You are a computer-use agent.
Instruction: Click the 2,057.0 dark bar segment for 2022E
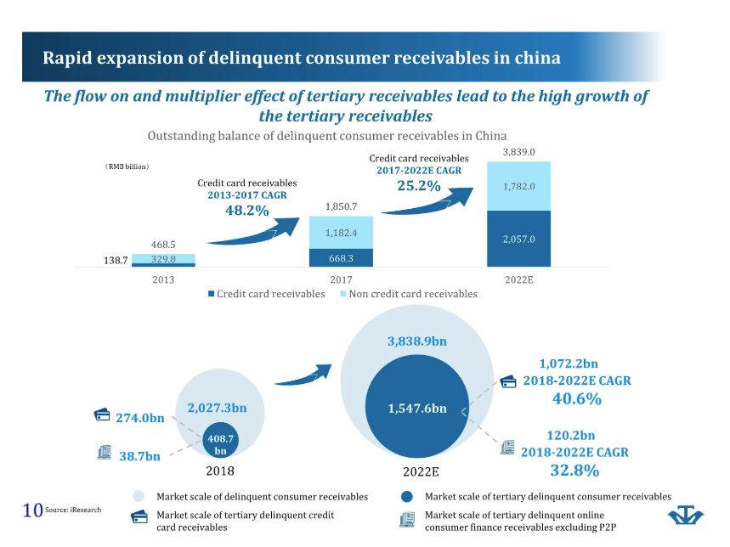(x=518, y=239)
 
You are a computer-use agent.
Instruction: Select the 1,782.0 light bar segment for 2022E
(x=518, y=186)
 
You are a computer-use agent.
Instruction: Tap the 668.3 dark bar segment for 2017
(x=341, y=256)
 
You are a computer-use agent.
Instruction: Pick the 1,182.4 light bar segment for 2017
(x=341, y=232)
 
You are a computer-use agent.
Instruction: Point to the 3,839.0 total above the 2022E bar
(x=518, y=152)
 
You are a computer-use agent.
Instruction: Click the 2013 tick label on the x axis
(x=164, y=279)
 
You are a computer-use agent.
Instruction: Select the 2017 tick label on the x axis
(x=341, y=279)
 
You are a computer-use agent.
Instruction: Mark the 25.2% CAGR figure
(x=419, y=185)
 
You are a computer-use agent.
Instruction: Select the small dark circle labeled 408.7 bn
(x=220, y=444)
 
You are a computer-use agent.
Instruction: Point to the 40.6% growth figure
(x=577, y=398)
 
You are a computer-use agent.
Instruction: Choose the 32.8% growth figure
(x=575, y=470)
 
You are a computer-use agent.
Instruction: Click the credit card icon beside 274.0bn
(x=102, y=414)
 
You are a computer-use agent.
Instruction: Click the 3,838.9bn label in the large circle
(x=416, y=341)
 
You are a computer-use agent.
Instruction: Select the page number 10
(x=32, y=510)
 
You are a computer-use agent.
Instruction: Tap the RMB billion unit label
(x=122, y=166)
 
